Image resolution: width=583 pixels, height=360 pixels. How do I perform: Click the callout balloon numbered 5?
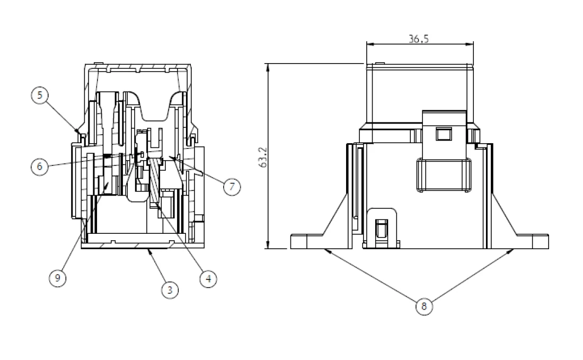(x=39, y=95)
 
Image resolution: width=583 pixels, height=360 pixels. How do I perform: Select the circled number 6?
(x=39, y=166)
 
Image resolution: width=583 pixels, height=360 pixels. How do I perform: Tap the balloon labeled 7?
(x=232, y=187)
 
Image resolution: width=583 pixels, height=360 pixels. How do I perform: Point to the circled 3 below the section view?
(x=170, y=289)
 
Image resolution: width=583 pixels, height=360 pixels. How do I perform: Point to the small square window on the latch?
(x=441, y=133)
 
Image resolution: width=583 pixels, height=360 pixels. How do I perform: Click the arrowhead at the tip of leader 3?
(x=149, y=249)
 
